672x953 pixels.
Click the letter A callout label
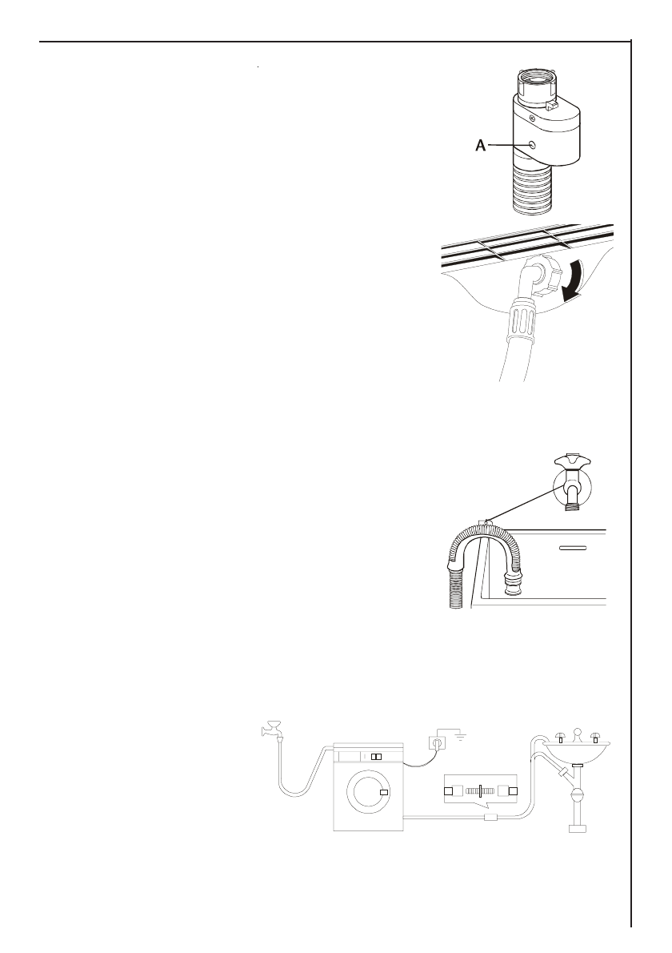point(480,146)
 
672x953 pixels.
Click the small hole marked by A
point(533,145)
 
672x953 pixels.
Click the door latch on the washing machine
point(385,792)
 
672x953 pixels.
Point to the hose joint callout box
point(481,791)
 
